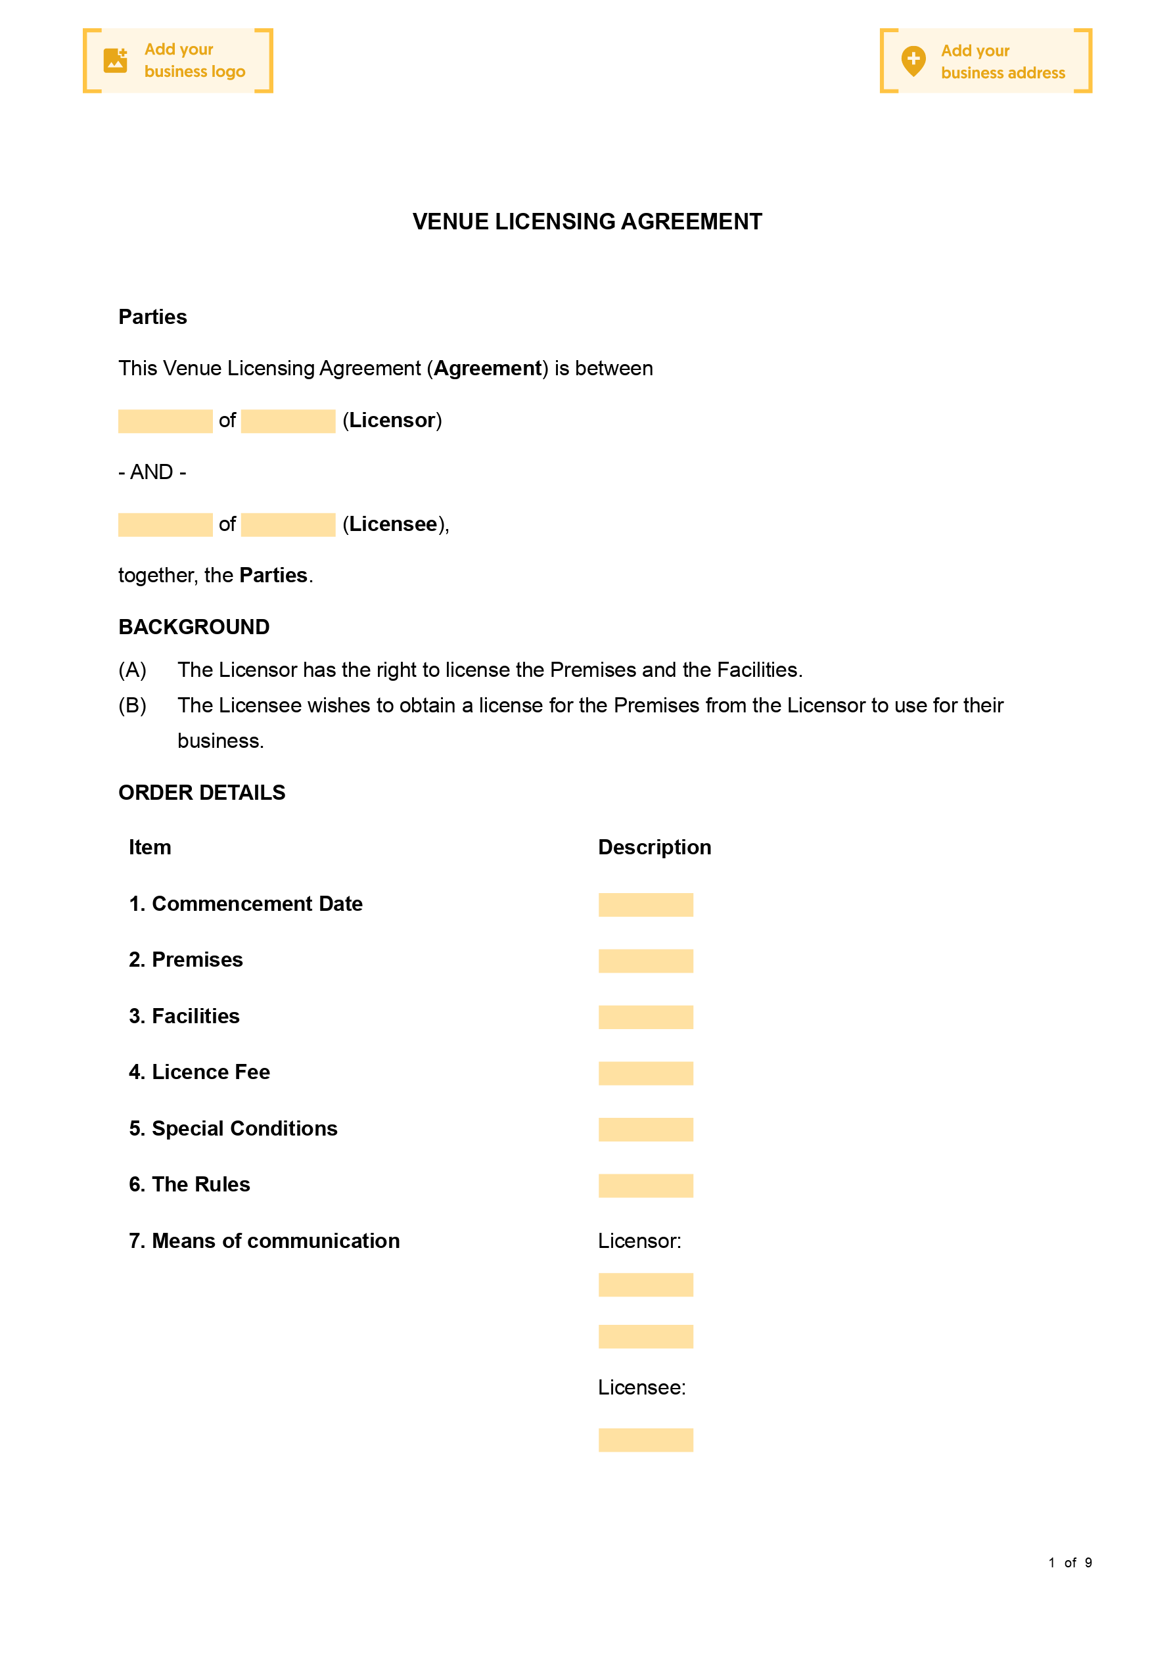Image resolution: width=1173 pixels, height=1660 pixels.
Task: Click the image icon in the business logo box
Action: [x=115, y=60]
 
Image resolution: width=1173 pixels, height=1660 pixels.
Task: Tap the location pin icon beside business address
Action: [x=913, y=60]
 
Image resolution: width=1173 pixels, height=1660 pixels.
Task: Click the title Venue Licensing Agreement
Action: [x=586, y=221]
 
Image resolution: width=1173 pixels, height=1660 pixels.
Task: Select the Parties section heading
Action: [x=152, y=317]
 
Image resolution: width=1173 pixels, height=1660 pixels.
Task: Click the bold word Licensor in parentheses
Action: [x=392, y=420]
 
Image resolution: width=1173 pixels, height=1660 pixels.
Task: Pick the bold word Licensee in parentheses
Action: [x=393, y=524]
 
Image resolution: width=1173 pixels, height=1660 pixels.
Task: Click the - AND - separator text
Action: [x=152, y=472]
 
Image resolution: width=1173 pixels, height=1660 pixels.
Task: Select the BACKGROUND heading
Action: [x=194, y=627]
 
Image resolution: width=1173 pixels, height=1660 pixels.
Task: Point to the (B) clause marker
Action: [x=132, y=705]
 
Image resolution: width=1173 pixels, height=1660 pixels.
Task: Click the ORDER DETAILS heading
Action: [x=202, y=793]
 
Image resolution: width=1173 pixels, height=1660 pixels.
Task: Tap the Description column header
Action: [x=655, y=846]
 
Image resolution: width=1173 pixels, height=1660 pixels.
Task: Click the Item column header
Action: [x=150, y=846]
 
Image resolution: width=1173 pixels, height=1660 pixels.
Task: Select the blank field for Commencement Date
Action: [x=645, y=904]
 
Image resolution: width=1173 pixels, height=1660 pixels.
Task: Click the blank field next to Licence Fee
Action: [x=645, y=1073]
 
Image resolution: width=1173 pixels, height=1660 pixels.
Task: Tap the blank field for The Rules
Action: [x=645, y=1185]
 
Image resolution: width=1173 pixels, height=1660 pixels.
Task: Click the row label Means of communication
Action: [x=264, y=1241]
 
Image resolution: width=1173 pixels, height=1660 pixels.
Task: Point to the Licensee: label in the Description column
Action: [x=641, y=1387]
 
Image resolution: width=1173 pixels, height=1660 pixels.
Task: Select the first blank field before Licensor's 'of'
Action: [x=165, y=421]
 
